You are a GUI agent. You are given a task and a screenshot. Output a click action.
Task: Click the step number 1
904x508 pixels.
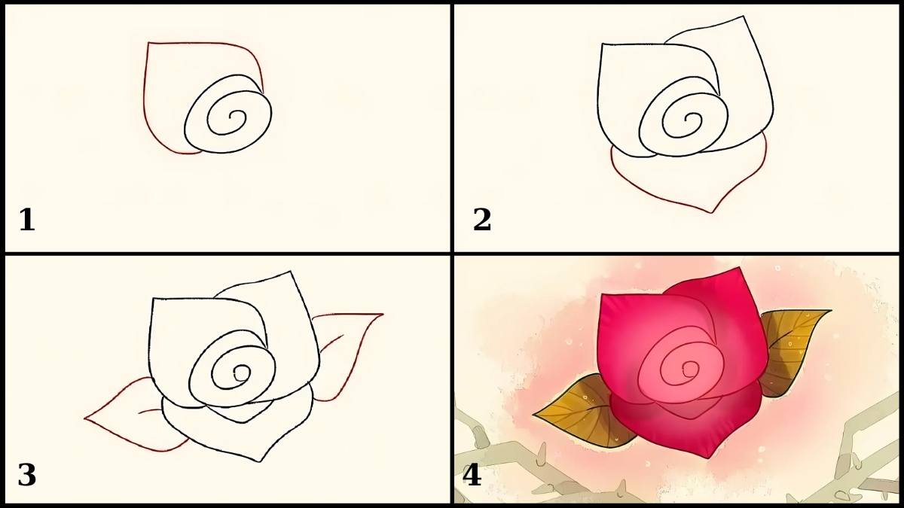[x=26, y=221]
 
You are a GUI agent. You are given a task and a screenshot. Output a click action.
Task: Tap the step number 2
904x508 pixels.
[x=482, y=221]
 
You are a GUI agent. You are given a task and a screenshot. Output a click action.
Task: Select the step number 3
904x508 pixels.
[x=26, y=476]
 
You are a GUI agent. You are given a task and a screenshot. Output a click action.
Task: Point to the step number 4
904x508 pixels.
[x=472, y=476]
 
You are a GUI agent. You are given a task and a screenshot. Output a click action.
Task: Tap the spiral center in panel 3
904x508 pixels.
[x=241, y=372]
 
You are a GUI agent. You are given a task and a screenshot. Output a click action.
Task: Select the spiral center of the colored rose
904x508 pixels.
[x=688, y=369]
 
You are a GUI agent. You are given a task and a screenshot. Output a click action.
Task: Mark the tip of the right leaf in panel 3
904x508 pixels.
[x=383, y=314]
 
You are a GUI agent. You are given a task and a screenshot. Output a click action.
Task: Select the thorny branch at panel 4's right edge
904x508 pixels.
[x=866, y=452]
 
